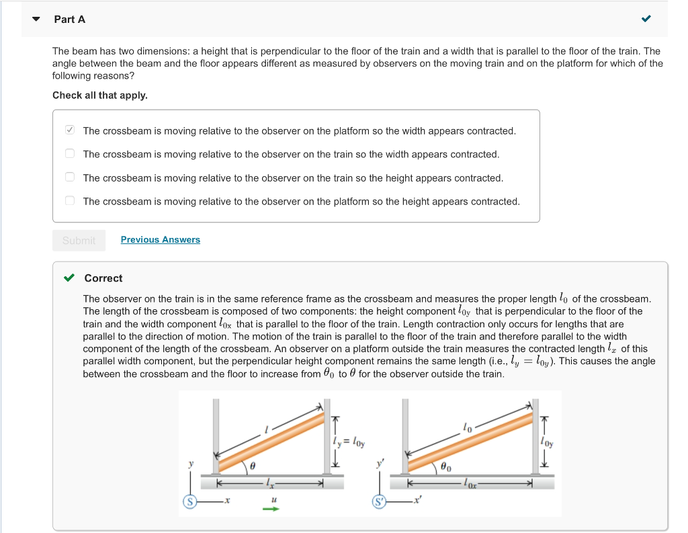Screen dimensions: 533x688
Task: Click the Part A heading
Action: point(70,19)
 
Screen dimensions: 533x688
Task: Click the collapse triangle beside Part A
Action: point(36,19)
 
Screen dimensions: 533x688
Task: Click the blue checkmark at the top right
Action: point(646,19)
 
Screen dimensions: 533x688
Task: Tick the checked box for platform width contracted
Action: point(70,130)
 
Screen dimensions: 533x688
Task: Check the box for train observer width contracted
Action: point(70,154)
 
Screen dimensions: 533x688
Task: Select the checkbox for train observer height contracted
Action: point(70,177)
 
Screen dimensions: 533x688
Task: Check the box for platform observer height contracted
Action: point(70,201)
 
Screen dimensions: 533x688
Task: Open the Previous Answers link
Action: point(160,240)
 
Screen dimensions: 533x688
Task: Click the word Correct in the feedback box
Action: point(103,278)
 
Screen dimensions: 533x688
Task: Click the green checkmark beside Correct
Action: point(69,278)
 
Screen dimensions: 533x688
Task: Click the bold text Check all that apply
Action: point(100,95)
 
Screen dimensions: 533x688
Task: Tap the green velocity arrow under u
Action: point(271,508)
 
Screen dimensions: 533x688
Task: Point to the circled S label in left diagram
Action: point(190,501)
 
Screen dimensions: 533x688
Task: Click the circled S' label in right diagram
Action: point(380,501)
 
